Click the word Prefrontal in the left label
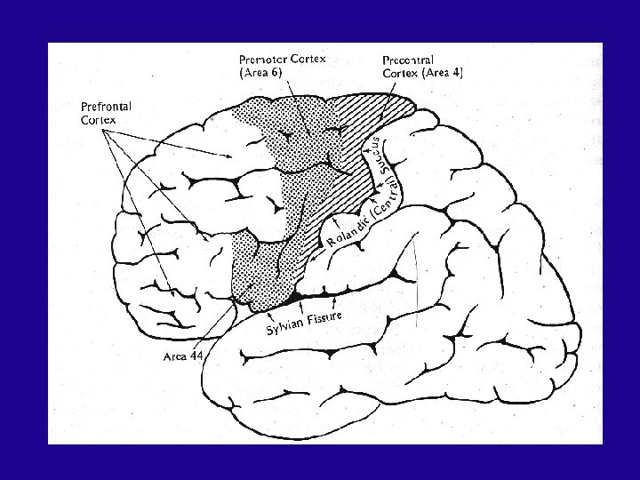point(106,108)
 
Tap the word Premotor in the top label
point(266,60)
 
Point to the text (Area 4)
point(441,73)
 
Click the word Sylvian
point(287,329)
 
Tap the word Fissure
point(330,316)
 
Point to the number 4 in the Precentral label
point(457,73)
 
